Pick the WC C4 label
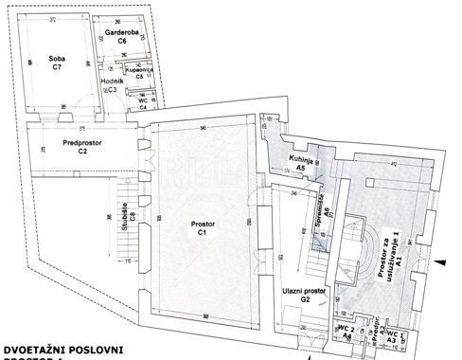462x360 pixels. coord(144,103)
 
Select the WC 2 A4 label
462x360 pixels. coord(346,332)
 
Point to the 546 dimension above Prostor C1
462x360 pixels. coord(204,128)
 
